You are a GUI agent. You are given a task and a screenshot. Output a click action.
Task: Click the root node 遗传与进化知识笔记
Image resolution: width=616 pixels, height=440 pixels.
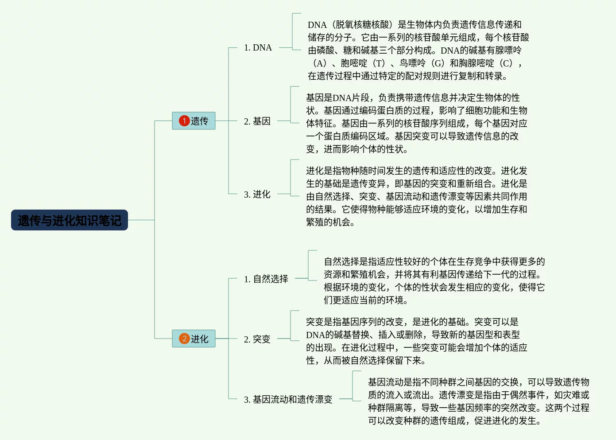click(x=70, y=220)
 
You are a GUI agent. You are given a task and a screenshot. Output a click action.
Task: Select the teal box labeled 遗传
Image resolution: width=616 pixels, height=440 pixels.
click(x=194, y=121)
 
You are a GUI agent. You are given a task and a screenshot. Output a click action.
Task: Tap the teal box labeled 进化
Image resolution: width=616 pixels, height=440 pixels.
click(x=194, y=339)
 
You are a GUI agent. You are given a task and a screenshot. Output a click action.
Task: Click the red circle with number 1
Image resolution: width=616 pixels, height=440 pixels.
click(x=184, y=121)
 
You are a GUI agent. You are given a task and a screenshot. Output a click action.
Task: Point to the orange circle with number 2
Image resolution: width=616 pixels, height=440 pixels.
click(x=184, y=339)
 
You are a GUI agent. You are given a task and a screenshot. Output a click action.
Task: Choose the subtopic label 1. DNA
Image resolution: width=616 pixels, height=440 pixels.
click(x=258, y=48)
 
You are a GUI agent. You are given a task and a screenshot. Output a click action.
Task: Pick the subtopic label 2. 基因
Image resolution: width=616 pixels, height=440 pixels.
click(x=257, y=121)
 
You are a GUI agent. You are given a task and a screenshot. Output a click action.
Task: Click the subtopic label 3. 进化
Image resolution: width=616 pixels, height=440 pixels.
click(x=257, y=195)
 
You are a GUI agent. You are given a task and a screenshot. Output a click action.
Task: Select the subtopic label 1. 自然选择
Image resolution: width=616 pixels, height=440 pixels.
click(x=266, y=279)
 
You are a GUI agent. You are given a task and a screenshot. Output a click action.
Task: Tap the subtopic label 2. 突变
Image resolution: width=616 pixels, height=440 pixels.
click(x=257, y=339)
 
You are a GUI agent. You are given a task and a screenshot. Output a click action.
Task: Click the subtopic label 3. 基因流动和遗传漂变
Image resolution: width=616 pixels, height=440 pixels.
click(x=288, y=400)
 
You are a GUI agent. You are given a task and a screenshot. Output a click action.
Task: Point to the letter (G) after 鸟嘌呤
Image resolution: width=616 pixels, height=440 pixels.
click(x=438, y=63)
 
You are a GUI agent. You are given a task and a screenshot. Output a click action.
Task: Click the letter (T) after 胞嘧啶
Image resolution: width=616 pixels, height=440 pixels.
click(x=379, y=63)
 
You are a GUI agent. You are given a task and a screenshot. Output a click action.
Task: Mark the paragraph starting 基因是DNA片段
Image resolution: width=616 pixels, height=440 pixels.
click(x=416, y=123)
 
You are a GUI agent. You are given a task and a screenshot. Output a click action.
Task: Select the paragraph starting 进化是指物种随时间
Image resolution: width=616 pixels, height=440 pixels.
click(x=416, y=196)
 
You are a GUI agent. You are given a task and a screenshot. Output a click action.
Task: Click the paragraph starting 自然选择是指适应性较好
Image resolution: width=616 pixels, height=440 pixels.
click(x=434, y=281)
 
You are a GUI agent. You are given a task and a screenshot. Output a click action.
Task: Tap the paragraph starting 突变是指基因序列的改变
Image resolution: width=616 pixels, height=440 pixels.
click(x=416, y=341)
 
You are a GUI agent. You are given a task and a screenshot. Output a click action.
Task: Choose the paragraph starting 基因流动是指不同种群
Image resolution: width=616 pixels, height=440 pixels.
click(x=478, y=401)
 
